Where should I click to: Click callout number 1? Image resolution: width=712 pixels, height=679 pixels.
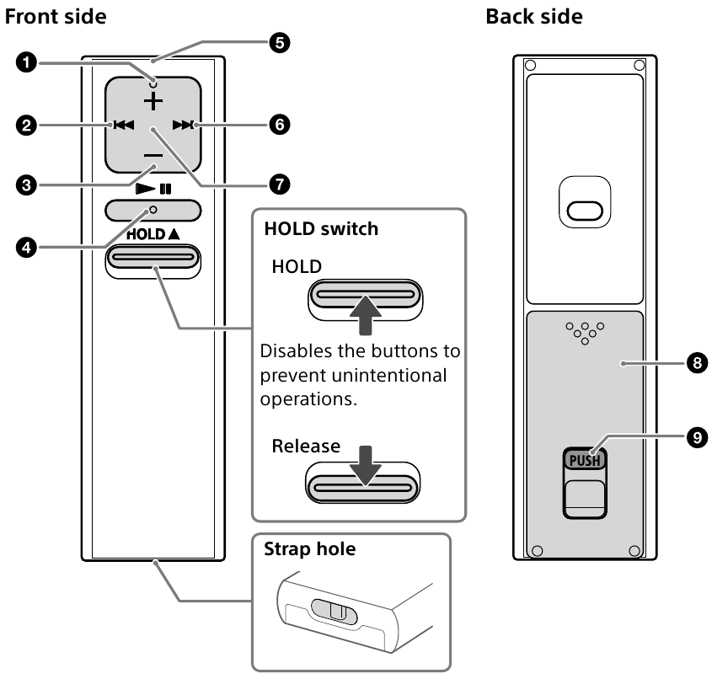click(29, 63)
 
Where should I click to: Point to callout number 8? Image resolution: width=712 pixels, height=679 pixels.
click(695, 363)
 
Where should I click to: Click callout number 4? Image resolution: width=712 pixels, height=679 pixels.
click(29, 248)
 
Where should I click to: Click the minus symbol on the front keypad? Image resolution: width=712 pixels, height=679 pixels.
click(153, 157)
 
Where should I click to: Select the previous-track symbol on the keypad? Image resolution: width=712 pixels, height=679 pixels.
click(123, 126)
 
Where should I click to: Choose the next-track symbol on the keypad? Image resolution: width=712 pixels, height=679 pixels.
click(182, 126)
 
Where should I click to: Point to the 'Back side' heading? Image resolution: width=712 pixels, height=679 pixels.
click(534, 16)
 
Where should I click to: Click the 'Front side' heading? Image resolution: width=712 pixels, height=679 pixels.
click(56, 16)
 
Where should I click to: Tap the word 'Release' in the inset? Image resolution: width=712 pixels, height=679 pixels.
click(306, 446)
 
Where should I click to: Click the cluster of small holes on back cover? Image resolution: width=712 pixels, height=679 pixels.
click(584, 331)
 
